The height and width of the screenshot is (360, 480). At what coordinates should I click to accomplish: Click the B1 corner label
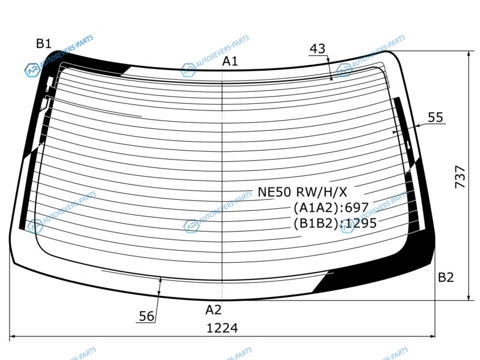tap(44, 43)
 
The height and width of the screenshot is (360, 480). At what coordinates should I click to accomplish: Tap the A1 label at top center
tap(230, 61)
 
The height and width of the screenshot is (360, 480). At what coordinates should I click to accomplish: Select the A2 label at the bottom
tap(214, 310)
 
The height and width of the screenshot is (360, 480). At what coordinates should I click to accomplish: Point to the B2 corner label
tap(446, 277)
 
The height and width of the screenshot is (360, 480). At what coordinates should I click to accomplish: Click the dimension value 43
tap(317, 49)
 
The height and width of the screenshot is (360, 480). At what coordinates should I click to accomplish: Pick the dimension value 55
tap(436, 117)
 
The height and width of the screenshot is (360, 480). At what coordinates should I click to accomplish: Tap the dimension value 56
tap(146, 316)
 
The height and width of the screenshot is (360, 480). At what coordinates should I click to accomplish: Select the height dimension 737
tap(460, 176)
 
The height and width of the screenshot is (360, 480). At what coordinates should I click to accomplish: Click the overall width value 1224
tap(222, 328)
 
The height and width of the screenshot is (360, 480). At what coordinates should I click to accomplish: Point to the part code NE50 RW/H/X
tap(302, 192)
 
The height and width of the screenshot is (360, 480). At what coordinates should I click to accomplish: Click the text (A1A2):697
tap(331, 208)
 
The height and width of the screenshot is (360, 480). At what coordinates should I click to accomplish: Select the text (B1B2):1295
tap(335, 223)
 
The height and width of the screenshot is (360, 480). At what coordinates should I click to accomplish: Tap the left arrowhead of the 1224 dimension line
tap(12, 337)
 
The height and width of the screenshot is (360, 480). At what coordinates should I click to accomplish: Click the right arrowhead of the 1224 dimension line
tap(432, 337)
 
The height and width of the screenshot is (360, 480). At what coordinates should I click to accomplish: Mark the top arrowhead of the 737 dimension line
tap(469, 54)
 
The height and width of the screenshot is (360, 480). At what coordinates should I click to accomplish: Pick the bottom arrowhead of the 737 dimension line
tap(469, 297)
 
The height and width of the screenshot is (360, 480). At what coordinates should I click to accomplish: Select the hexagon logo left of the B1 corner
tap(32, 70)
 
